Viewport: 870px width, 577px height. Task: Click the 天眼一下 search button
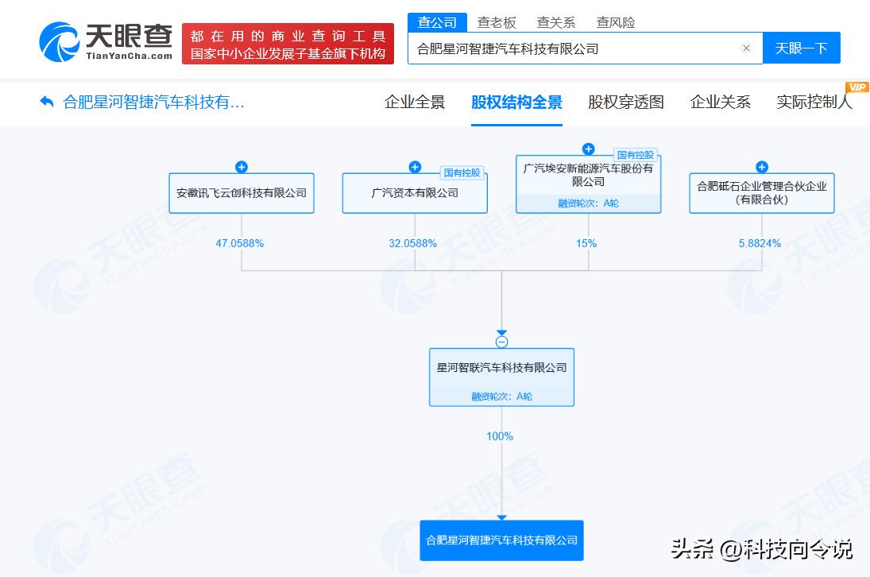point(801,48)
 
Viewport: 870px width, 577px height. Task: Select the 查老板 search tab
point(497,22)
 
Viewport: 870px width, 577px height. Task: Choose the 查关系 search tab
point(556,22)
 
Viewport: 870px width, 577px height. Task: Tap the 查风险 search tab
point(615,22)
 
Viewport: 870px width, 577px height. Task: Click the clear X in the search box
point(746,48)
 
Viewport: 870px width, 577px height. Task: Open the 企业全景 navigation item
point(415,102)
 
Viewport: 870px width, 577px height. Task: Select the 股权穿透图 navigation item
point(626,102)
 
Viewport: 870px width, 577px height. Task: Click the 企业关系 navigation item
point(720,102)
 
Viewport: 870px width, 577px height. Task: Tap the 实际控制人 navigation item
point(814,102)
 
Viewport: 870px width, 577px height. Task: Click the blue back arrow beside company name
point(47,102)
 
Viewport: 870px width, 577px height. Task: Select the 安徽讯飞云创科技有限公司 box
point(242,193)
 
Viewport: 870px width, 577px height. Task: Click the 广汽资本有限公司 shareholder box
point(415,193)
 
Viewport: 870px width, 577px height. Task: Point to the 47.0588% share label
point(240,243)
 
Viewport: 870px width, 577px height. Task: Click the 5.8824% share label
point(760,243)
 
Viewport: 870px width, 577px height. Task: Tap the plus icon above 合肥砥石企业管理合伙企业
point(762,167)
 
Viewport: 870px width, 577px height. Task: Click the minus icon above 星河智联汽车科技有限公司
point(501,343)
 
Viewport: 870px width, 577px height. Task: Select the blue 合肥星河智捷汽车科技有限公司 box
point(501,540)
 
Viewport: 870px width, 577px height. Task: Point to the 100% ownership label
point(500,436)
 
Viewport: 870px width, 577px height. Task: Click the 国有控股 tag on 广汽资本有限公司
point(462,173)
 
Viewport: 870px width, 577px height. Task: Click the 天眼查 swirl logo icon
point(60,41)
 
